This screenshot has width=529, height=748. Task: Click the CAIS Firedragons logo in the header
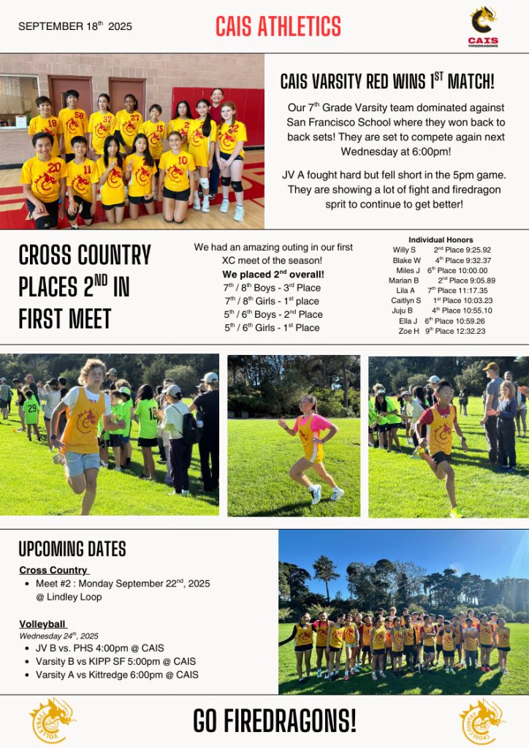coord(483,26)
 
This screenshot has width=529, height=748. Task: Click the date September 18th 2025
coord(75,26)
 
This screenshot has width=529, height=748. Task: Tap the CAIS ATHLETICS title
coord(278,27)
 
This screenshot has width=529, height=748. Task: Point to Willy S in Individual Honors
coord(404,250)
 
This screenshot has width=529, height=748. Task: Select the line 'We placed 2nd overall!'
coord(273,274)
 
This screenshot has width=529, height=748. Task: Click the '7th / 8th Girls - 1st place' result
coord(272,301)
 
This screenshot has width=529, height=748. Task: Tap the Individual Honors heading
coord(441,240)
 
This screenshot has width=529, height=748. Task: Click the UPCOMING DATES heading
coord(72,549)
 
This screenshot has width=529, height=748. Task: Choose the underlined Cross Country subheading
coord(54,570)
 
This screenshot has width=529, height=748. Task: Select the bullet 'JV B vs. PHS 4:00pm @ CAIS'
coord(100,648)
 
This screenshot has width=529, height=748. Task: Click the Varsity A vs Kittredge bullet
coord(117,674)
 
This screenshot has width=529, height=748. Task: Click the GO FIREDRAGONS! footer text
coord(275,721)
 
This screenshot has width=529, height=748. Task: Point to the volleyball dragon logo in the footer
coord(52,722)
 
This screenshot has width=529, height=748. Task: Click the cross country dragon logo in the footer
coord(482,722)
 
